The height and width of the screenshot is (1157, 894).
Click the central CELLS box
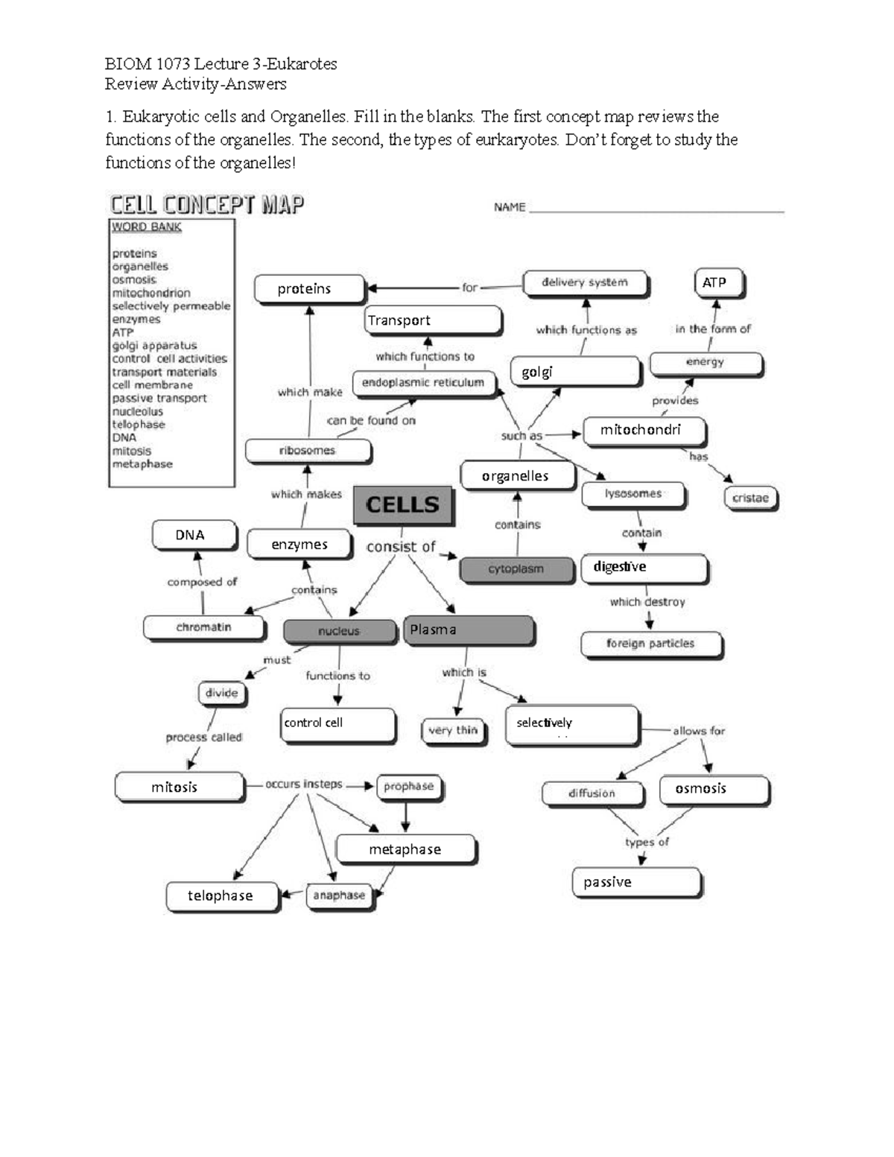(402, 505)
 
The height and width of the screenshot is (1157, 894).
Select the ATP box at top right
(718, 283)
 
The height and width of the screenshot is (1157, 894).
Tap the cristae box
(750, 498)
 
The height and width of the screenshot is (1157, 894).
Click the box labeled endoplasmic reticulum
(423, 383)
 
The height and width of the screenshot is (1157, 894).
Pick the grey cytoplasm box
(516, 569)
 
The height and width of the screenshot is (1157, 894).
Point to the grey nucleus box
(339, 631)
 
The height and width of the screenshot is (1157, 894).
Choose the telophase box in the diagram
(221, 896)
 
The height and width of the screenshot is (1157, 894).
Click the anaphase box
(339, 896)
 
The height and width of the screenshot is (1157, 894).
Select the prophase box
(408, 787)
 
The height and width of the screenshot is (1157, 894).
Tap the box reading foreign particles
(650, 644)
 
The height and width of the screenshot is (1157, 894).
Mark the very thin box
(452, 731)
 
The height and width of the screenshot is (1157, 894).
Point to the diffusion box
(592, 793)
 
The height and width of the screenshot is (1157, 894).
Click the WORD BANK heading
(147, 227)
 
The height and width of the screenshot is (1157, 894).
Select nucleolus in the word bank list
(138, 411)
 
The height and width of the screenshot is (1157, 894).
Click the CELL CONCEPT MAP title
(207, 205)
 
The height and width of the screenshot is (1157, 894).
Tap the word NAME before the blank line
(510, 207)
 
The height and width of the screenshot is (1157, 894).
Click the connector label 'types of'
(647, 842)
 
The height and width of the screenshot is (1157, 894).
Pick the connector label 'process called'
(204, 738)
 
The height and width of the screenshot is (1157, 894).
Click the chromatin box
(203, 627)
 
